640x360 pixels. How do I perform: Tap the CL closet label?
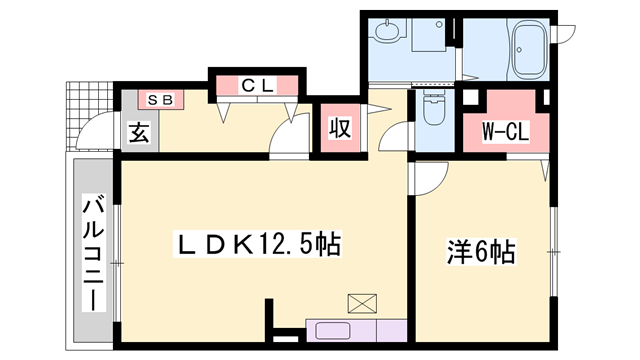pos(256,85)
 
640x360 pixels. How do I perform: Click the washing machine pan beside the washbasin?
pos(429,36)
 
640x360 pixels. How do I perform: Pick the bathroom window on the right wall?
pos(565,39)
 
